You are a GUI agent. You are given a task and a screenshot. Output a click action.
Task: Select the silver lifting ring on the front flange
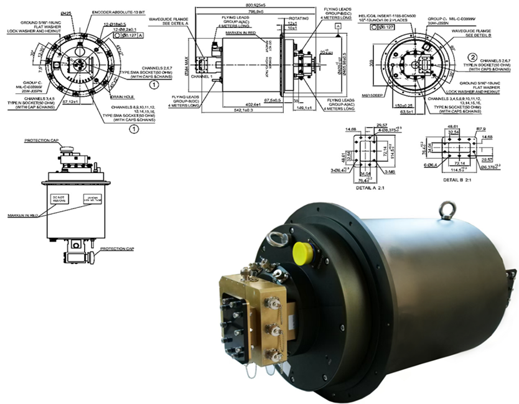pyautogui.click(x=276, y=237)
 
